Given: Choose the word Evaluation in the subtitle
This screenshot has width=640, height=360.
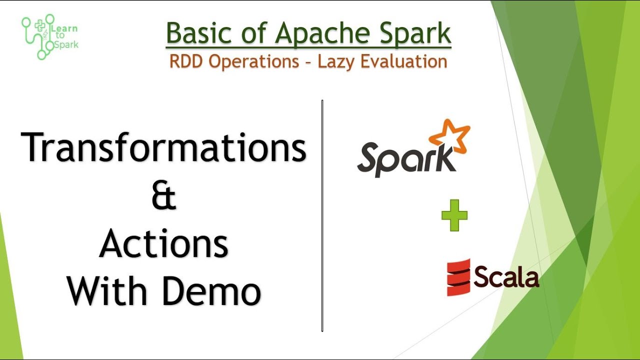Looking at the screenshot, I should point(406,61).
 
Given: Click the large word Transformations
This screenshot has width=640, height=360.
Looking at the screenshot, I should point(163,147).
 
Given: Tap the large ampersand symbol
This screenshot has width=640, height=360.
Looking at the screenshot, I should point(163,196).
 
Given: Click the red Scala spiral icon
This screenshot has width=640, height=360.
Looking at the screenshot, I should point(458,277).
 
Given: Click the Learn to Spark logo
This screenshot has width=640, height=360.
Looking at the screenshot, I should point(49,36).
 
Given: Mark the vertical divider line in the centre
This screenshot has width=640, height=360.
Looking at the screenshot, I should point(322,215).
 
